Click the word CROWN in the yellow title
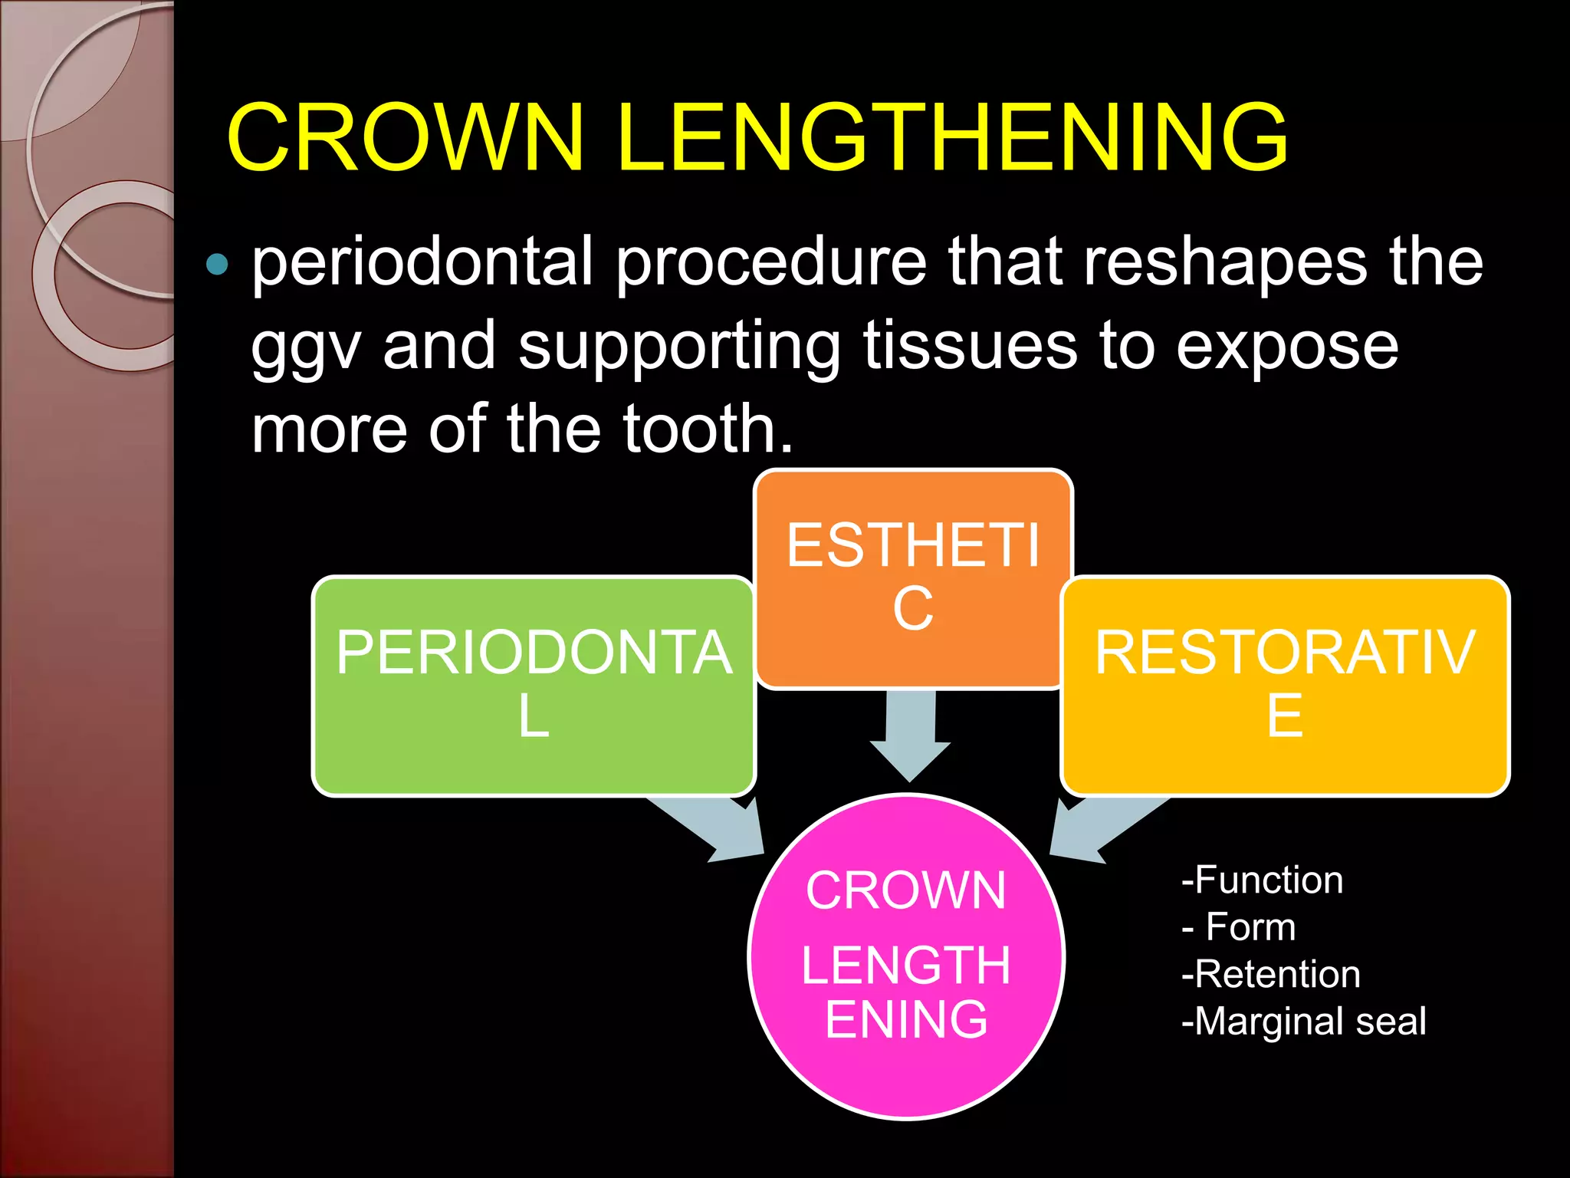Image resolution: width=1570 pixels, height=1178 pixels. tap(406, 138)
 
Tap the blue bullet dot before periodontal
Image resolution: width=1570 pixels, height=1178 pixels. tap(218, 264)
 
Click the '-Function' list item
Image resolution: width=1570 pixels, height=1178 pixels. tap(1262, 880)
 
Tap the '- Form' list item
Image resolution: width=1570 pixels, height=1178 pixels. tap(1239, 926)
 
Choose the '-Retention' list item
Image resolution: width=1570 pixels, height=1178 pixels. tap(1271, 974)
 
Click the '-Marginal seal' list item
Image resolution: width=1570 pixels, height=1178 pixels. tap(1303, 1022)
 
